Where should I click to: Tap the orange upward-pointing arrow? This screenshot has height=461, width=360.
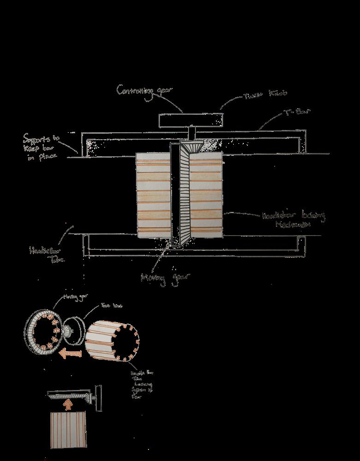pyautogui.click(x=68, y=405)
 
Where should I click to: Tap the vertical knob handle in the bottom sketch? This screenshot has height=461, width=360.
pyautogui.click(x=98, y=395)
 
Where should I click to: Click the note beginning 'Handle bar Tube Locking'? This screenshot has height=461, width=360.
pyautogui.click(x=138, y=383)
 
